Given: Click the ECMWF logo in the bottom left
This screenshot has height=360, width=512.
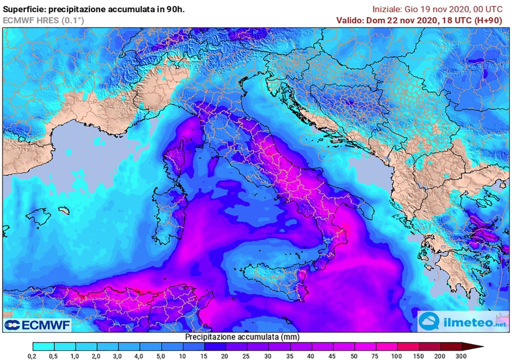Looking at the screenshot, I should point(37,325).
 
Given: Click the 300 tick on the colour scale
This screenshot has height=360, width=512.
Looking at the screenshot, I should point(461,355).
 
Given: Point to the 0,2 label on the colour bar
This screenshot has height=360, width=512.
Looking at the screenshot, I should point(33,355).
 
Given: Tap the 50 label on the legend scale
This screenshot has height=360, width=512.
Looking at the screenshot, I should point(354,355).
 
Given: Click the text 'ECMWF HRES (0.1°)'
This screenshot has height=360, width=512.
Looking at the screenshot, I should point(44,20).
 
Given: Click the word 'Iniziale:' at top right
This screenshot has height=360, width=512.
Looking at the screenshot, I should point(388,9).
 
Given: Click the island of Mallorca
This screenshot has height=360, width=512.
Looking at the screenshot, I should point(38,216).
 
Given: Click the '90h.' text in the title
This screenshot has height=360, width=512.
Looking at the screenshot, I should point(176,9).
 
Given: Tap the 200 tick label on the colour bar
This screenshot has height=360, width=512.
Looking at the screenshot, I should point(439,355).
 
